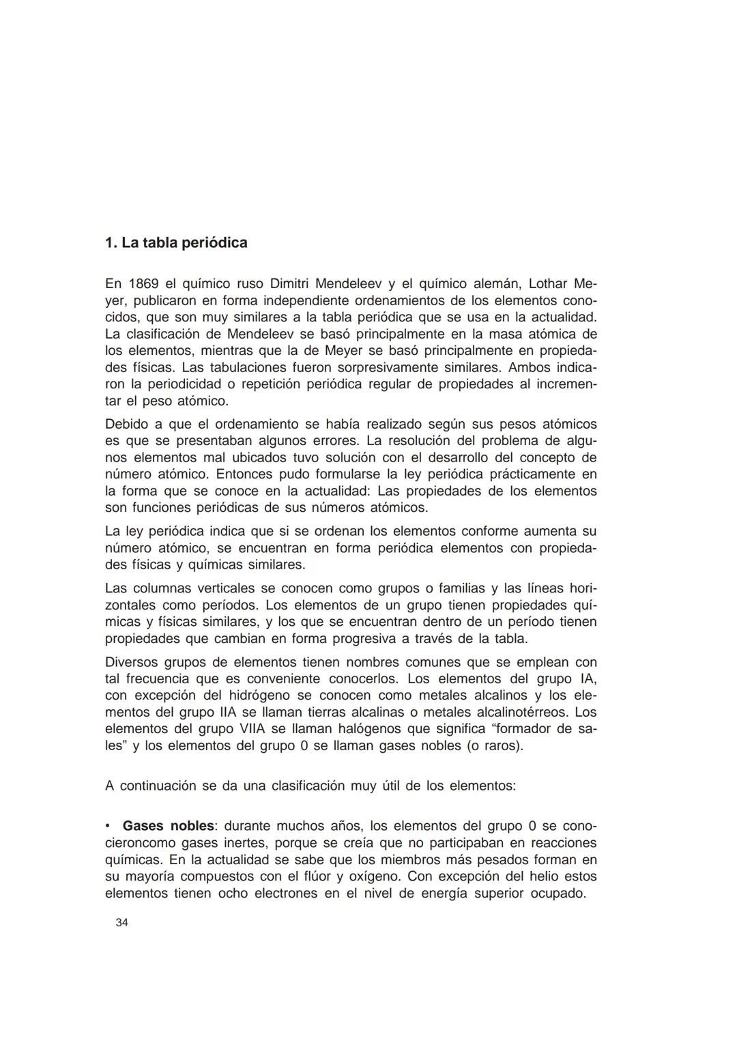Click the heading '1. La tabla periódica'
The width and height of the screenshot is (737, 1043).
[x=176, y=243]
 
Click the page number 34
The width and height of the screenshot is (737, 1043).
[x=122, y=923]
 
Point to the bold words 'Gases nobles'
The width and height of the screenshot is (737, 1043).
[x=168, y=826]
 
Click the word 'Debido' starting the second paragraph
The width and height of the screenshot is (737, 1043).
[x=126, y=424]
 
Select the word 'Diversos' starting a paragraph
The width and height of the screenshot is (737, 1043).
[x=130, y=662]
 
